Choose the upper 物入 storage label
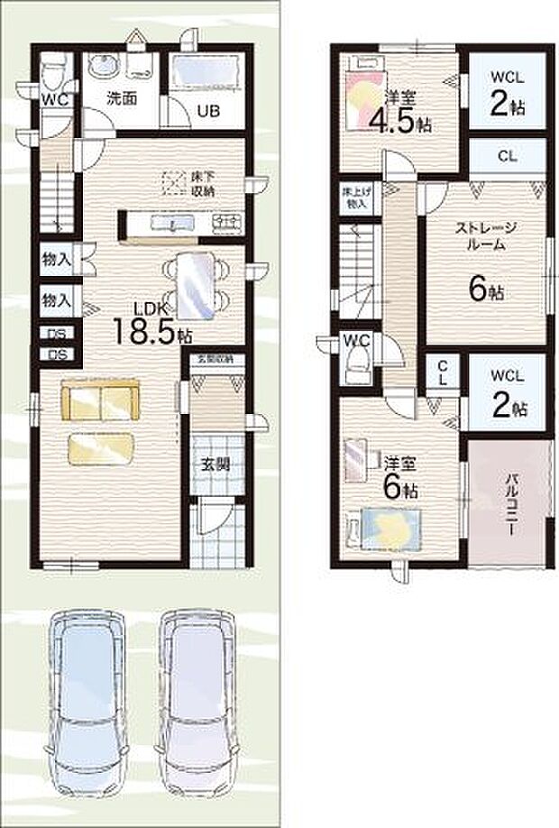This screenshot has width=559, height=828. (57, 260)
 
